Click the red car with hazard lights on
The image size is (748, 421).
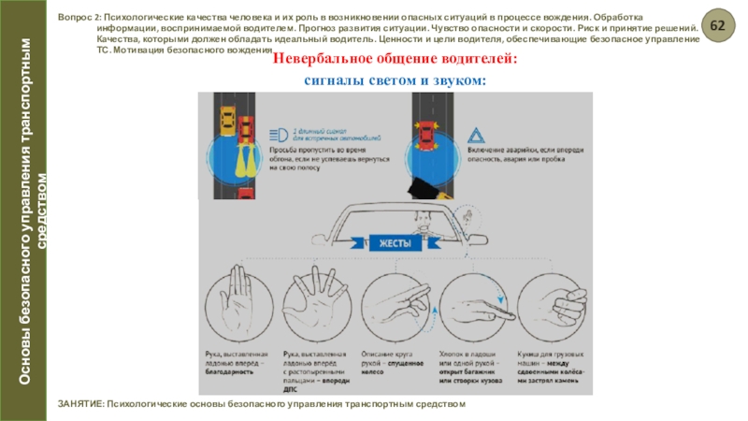coord(425,139)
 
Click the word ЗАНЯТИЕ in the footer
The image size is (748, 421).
coord(79,403)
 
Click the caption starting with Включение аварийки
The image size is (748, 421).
coord(512,155)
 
